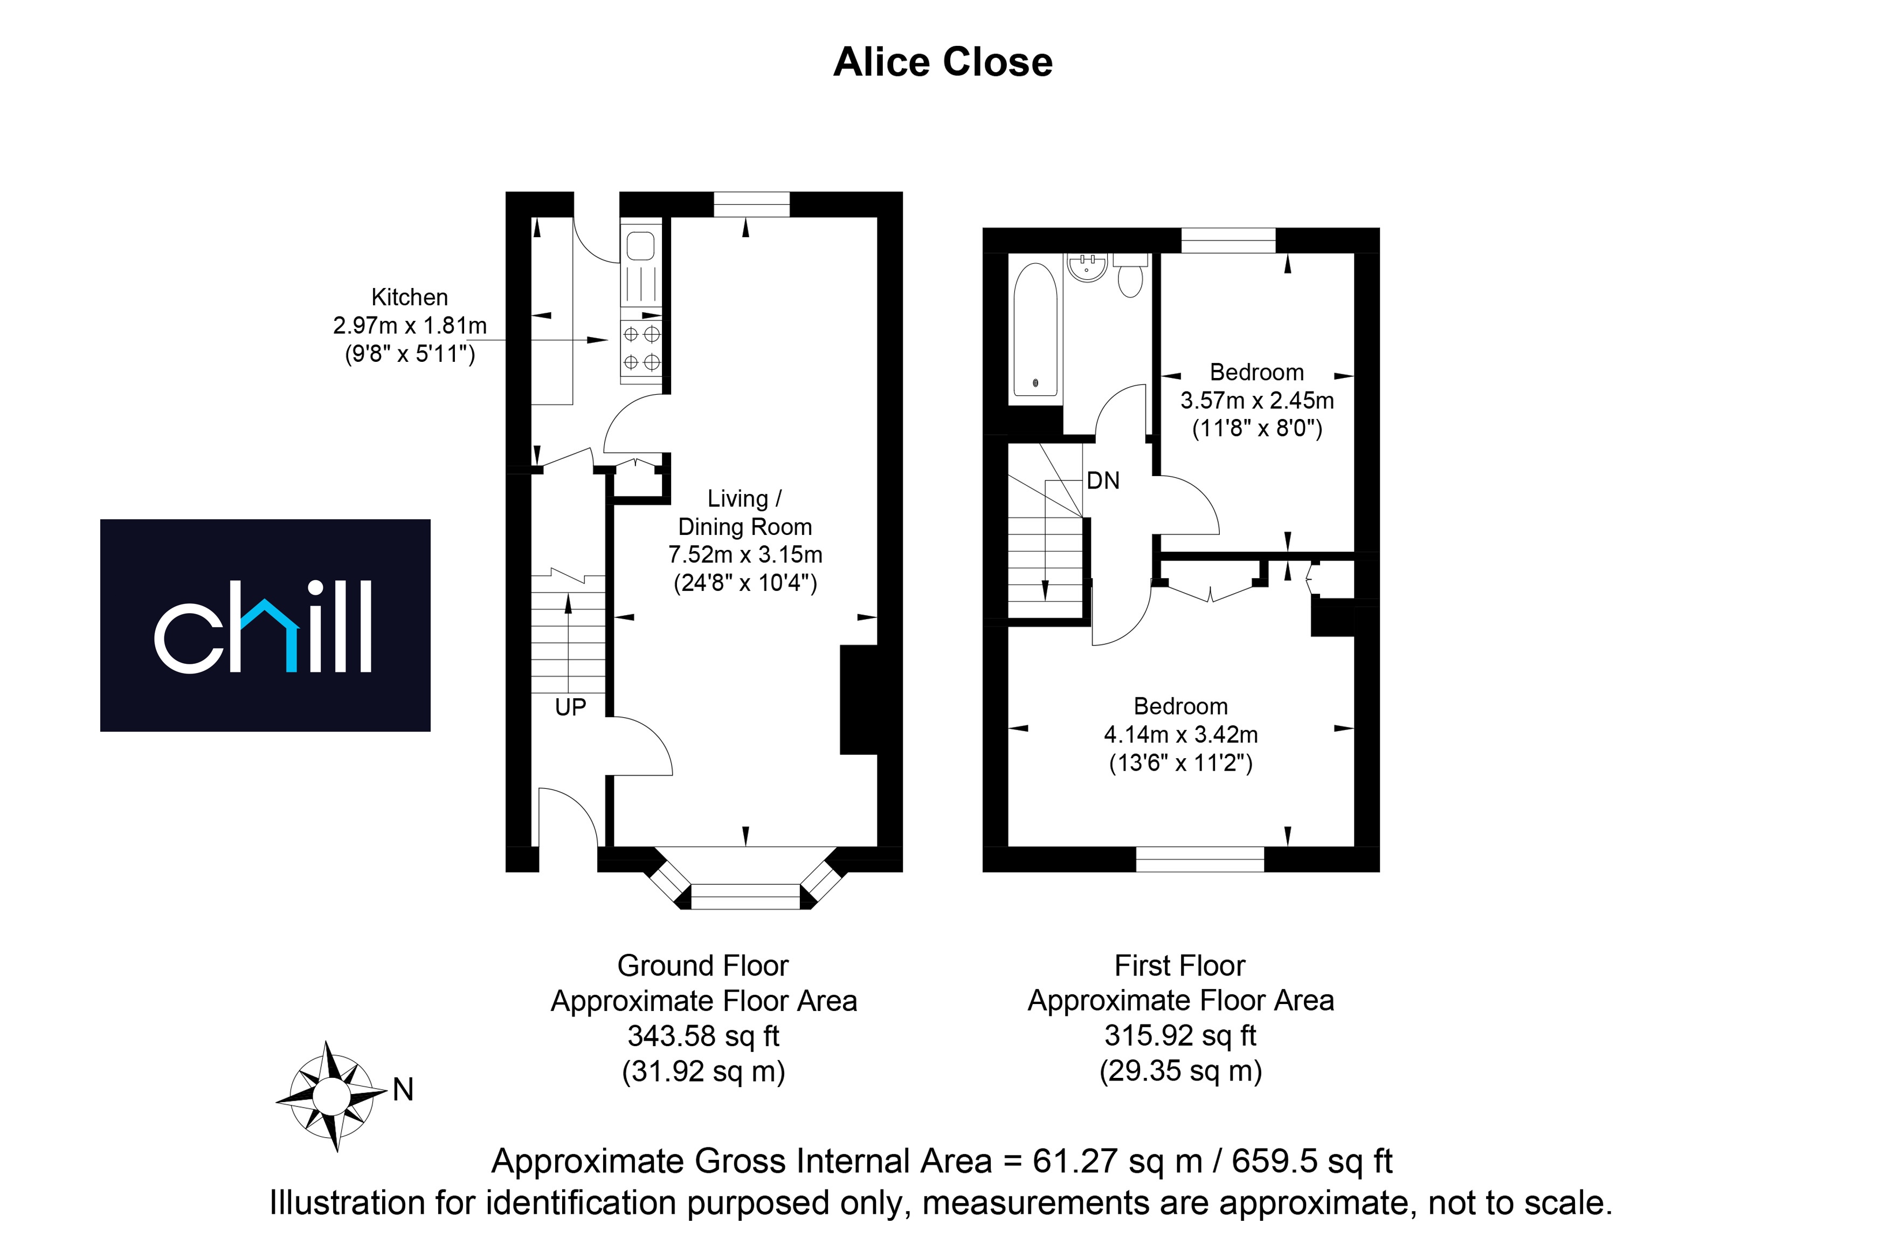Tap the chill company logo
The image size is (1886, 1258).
click(265, 625)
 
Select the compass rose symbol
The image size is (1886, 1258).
click(331, 1096)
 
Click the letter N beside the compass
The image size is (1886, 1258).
click(403, 1090)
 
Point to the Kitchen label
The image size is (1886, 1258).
click(410, 297)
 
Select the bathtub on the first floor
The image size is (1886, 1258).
click(1035, 329)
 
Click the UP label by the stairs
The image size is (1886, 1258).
click(570, 707)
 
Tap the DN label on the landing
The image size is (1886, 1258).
click(1103, 480)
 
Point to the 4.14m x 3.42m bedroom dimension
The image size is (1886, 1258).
click(1181, 734)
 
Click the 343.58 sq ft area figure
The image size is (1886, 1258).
click(703, 1036)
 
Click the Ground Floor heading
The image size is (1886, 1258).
click(703, 965)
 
